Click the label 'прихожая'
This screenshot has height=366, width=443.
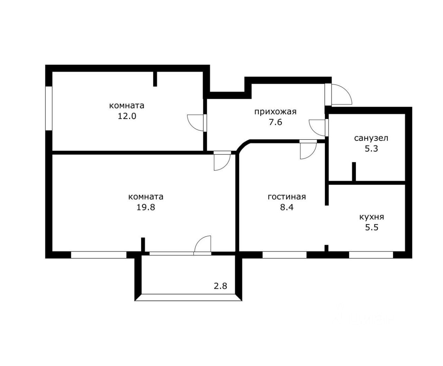pyautogui.click(x=275, y=111)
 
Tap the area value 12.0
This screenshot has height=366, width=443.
pyautogui.click(x=127, y=116)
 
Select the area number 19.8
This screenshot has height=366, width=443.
pyautogui.click(x=146, y=208)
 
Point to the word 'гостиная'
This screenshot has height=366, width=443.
pyautogui.click(x=287, y=197)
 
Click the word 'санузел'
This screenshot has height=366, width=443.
pyautogui.click(x=371, y=138)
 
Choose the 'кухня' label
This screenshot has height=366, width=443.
pyautogui.click(x=372, y=217)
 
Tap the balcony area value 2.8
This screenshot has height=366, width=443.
pyautogui.click(x=220, y=286)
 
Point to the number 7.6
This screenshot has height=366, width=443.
pyautogui.click(x=275, y=122)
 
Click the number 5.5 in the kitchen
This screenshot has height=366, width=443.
pyautogui.click(x=371, y=228)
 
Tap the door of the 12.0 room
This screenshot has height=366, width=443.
pyautogui.click(x=195, y=123)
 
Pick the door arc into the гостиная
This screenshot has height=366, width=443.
pyautogui.click(x=308, y=150)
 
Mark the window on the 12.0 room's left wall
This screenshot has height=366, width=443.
pyautogui.click(x=49, y=108)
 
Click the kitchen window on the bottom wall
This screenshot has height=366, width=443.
pyautogui.click(x=371, y=255)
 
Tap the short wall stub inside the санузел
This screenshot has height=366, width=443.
pyautogui.click(x=354, y=171)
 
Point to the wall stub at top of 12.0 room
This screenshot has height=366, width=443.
pyautogui.click(x=155, y=79)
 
